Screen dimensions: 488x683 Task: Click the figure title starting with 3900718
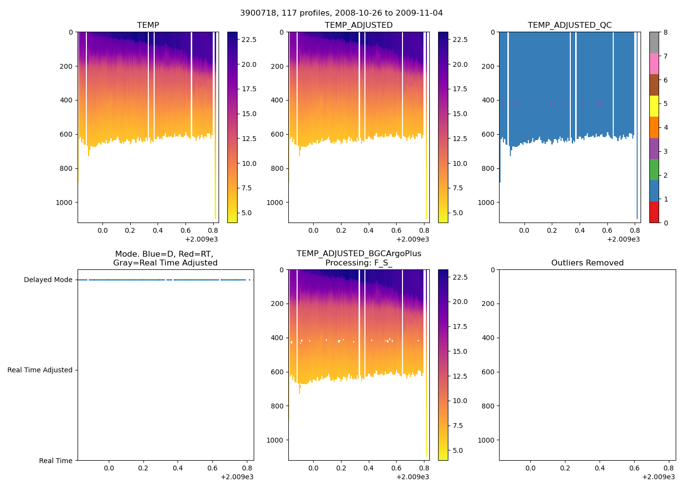341,13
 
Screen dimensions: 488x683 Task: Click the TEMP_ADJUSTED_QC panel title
569,25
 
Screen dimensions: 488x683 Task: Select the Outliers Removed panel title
587,263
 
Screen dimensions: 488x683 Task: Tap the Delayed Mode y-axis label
48,280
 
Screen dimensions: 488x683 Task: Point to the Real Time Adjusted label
40,370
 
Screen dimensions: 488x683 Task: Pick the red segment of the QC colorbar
654,212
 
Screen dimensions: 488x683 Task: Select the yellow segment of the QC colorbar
654,106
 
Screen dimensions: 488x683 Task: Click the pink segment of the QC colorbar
654,63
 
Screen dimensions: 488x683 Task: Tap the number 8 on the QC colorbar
665,32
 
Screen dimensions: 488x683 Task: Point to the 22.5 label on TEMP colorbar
249,40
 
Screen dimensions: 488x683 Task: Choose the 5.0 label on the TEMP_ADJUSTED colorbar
460,213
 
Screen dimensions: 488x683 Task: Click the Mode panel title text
165,259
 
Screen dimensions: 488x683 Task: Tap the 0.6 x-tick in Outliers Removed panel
634,468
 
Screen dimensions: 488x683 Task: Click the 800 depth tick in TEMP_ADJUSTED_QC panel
488,169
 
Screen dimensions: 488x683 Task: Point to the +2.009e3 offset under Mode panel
237,477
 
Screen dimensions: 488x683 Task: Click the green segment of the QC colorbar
654,170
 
